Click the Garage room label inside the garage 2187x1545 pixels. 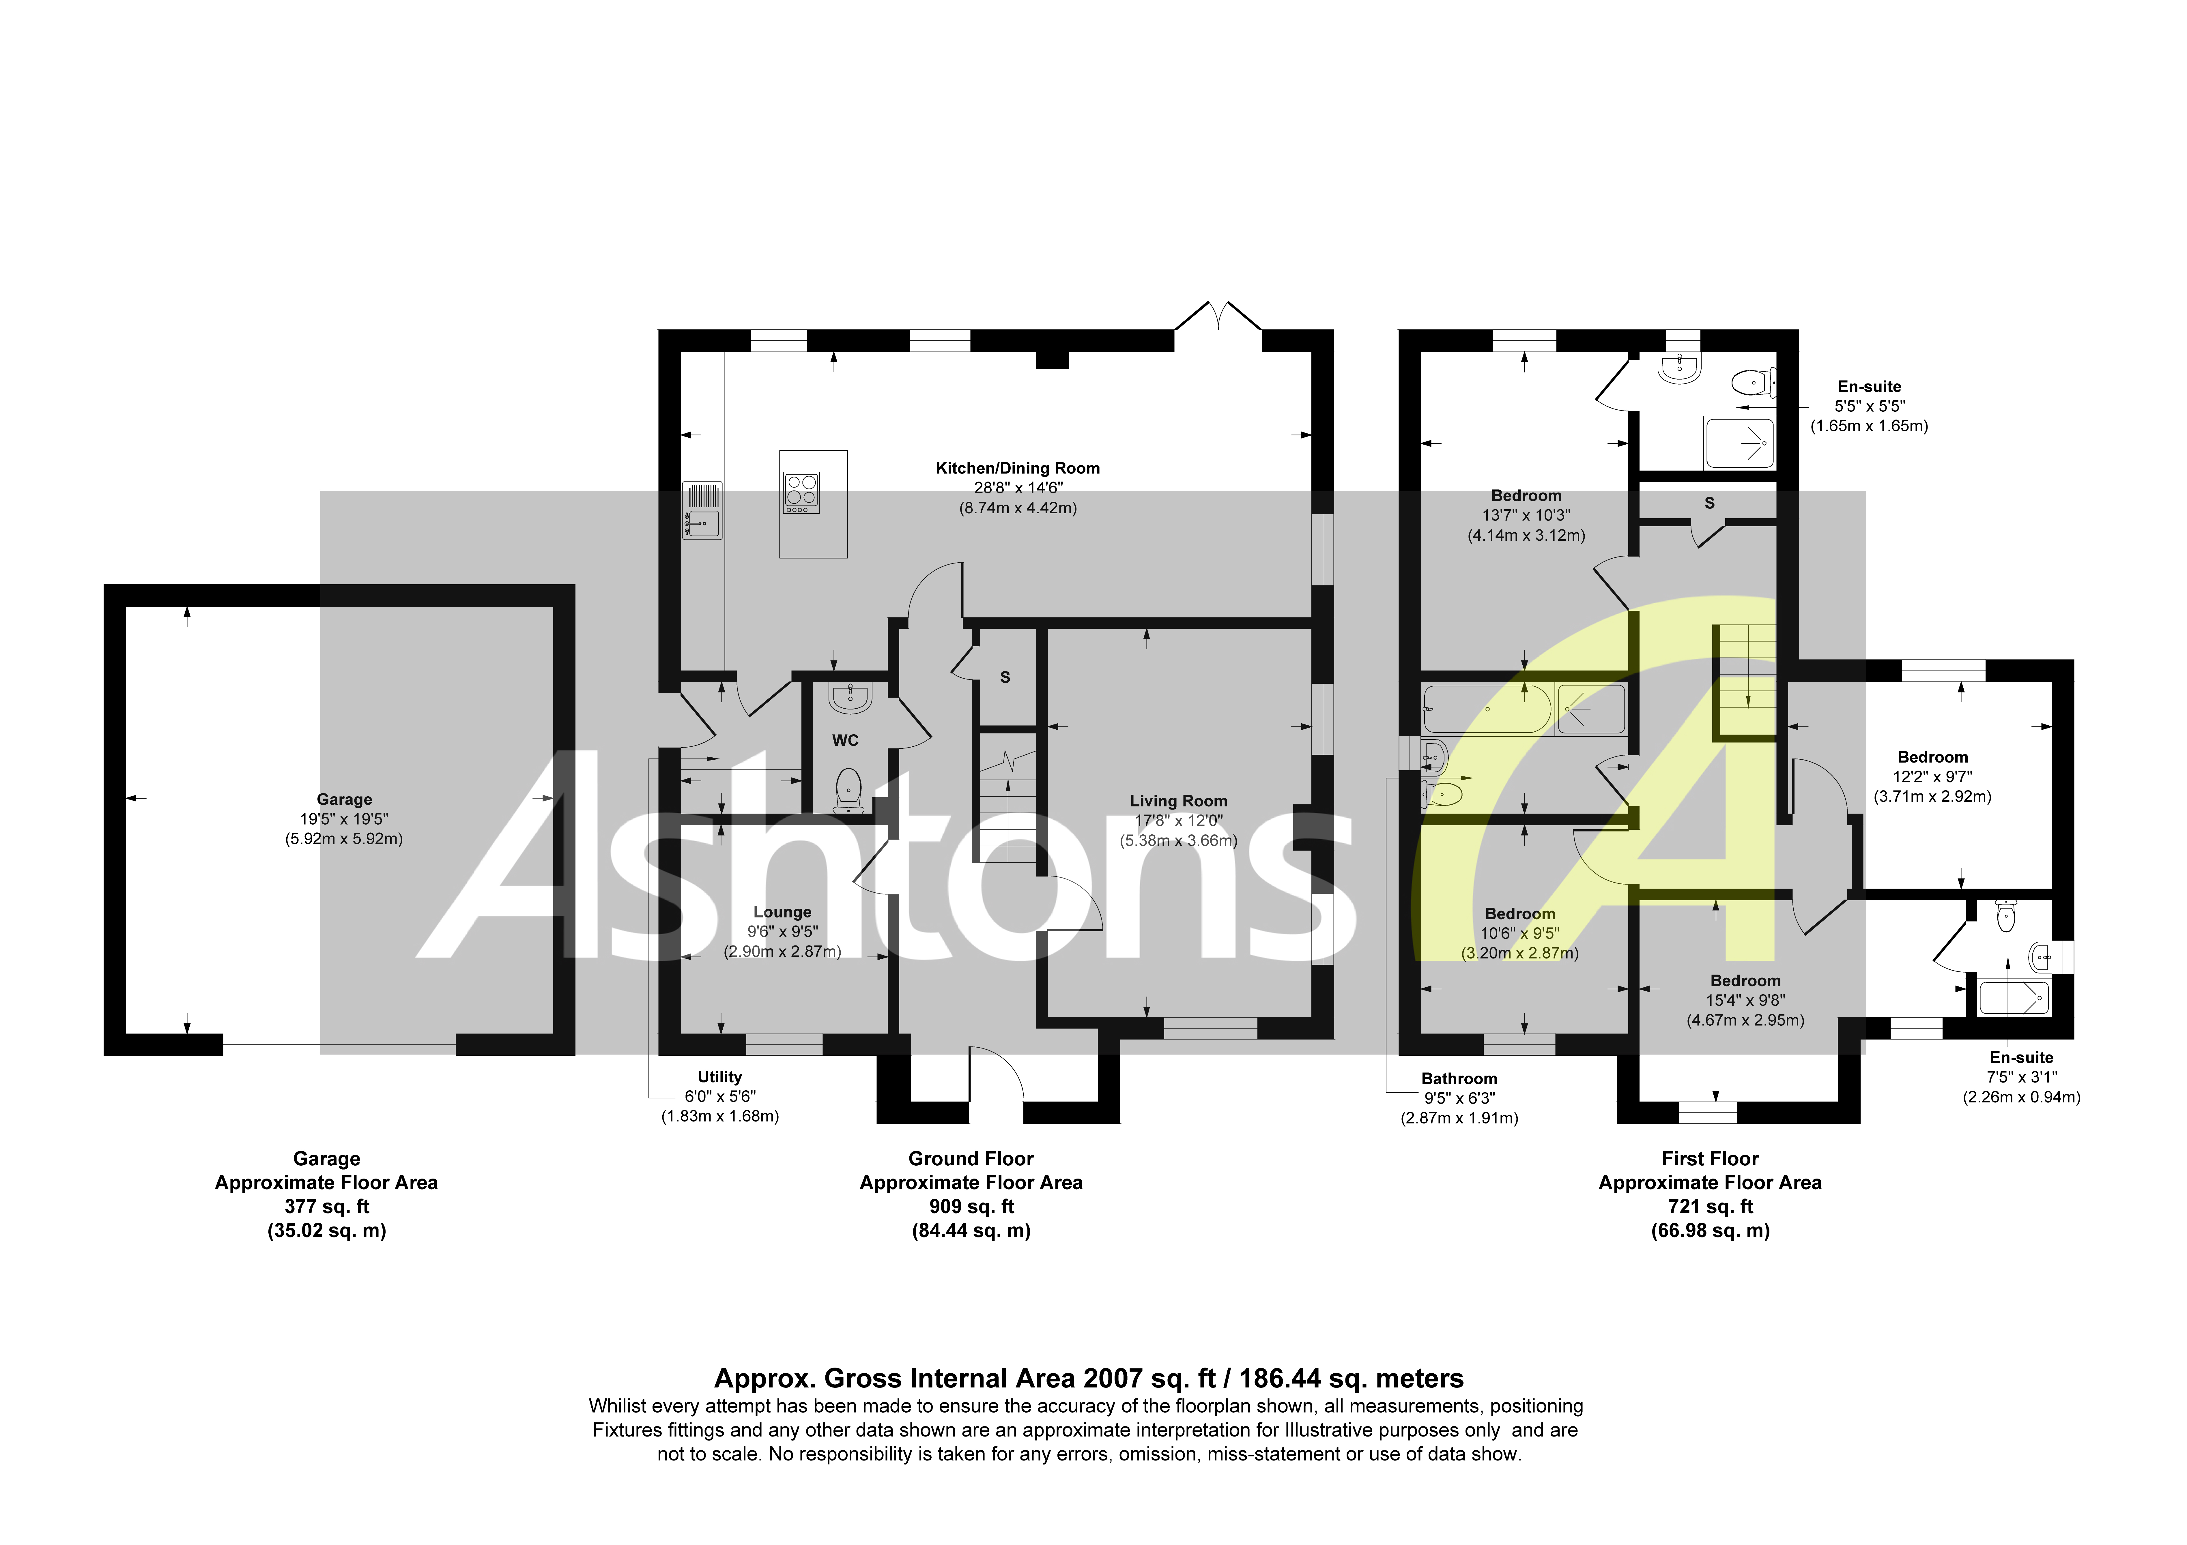coord(344,799)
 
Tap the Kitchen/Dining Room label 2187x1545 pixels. coord(1017,468)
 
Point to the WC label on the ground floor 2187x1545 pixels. coord(845,740)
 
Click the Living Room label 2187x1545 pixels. coord(1178,801)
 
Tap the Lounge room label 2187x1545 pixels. coord(782,912)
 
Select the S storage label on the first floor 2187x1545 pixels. coord(1710,503)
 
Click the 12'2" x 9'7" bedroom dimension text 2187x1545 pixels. coord(1932,776)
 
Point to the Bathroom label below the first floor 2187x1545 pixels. coord(1458,1078)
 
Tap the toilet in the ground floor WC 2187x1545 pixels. coord(849,790)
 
